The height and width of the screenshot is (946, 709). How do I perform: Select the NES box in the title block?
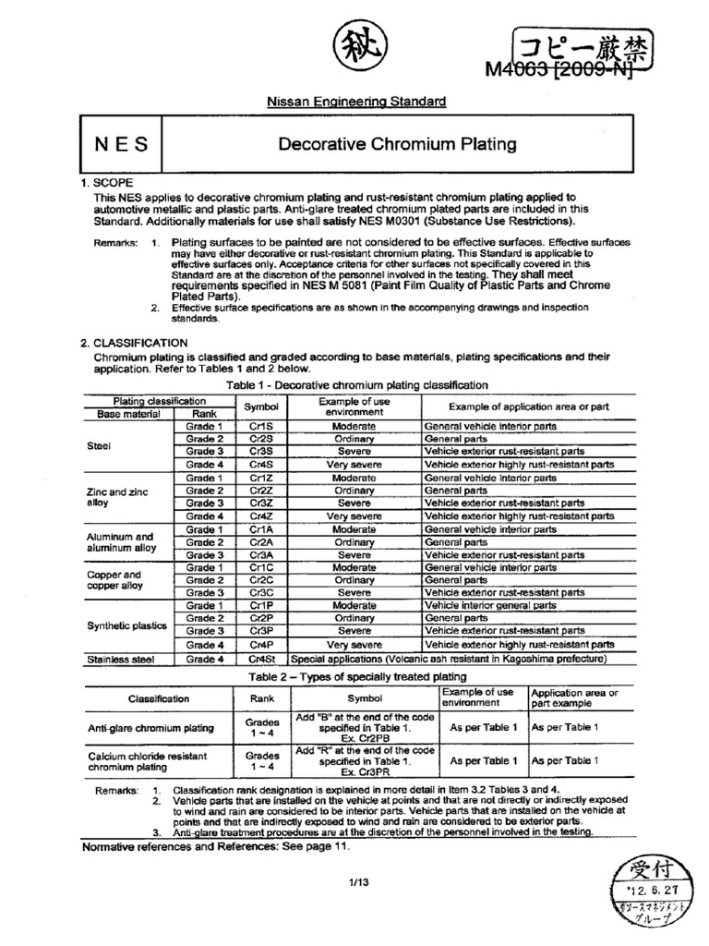(116, 144)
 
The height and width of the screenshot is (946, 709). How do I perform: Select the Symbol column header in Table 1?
(261, 407)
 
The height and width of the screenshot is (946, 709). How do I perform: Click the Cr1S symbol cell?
(261, 427)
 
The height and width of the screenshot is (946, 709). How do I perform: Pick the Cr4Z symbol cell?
(261, 516)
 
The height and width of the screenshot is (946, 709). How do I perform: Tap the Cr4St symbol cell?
(261, 660)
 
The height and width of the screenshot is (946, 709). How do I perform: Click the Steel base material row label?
(98, 445)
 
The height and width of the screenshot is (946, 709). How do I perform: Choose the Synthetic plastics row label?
(126, 625)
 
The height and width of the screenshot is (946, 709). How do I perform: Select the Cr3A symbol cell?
(261, 555)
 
